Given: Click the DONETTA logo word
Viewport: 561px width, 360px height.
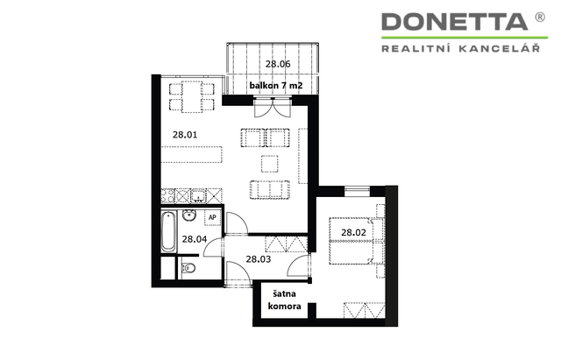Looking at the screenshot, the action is pyautogui.click(x=454, y=21).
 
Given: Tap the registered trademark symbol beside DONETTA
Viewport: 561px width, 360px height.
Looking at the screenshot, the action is pyautogui.click(x=540, y=17).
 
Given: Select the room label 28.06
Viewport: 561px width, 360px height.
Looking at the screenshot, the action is pyautogui.click(x=278, y=64).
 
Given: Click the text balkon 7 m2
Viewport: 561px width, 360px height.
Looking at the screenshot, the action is pyautogui.click(x=276, y=86).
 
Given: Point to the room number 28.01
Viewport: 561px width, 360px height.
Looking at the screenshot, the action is pyautogui.click(x=185, y=135).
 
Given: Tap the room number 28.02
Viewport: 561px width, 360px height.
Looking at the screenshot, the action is pyautogui.click(x=353, y=232).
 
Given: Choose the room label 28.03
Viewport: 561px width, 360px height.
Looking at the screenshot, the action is pyautogui.click(x=259, y=258).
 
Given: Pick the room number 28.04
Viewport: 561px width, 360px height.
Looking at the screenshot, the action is pyautogui.click(x=195, y=239).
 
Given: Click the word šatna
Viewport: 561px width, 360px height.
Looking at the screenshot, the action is pyautogui.click(x=284, y=293).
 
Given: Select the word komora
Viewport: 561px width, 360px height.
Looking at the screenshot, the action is pyautogui.click(x=284, y=307).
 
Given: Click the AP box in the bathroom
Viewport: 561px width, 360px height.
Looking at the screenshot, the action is pyautogui.click(x=212, y=217).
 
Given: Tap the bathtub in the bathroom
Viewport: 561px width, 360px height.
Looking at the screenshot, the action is pyautogui.click(x=168, y=231).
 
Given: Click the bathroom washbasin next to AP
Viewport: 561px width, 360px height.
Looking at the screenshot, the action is pyautogui.click(x=189, y=215).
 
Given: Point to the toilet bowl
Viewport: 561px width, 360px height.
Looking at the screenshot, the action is pyautogui.click(x=188, y=267).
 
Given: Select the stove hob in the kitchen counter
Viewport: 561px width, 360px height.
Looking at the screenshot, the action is pyautogui.click(x=167, y=196).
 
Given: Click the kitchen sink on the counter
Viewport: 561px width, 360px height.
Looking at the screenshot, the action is pyautogui.click(x=198, y=196).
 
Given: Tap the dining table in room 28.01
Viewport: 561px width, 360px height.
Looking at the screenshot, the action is pyautogui.click(x=191, y=97).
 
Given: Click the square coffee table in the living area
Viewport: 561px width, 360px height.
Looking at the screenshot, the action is pyautogui.click(x=270, y=164).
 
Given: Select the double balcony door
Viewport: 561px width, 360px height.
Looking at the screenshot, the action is pyautogui.click(x=273, y=107).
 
